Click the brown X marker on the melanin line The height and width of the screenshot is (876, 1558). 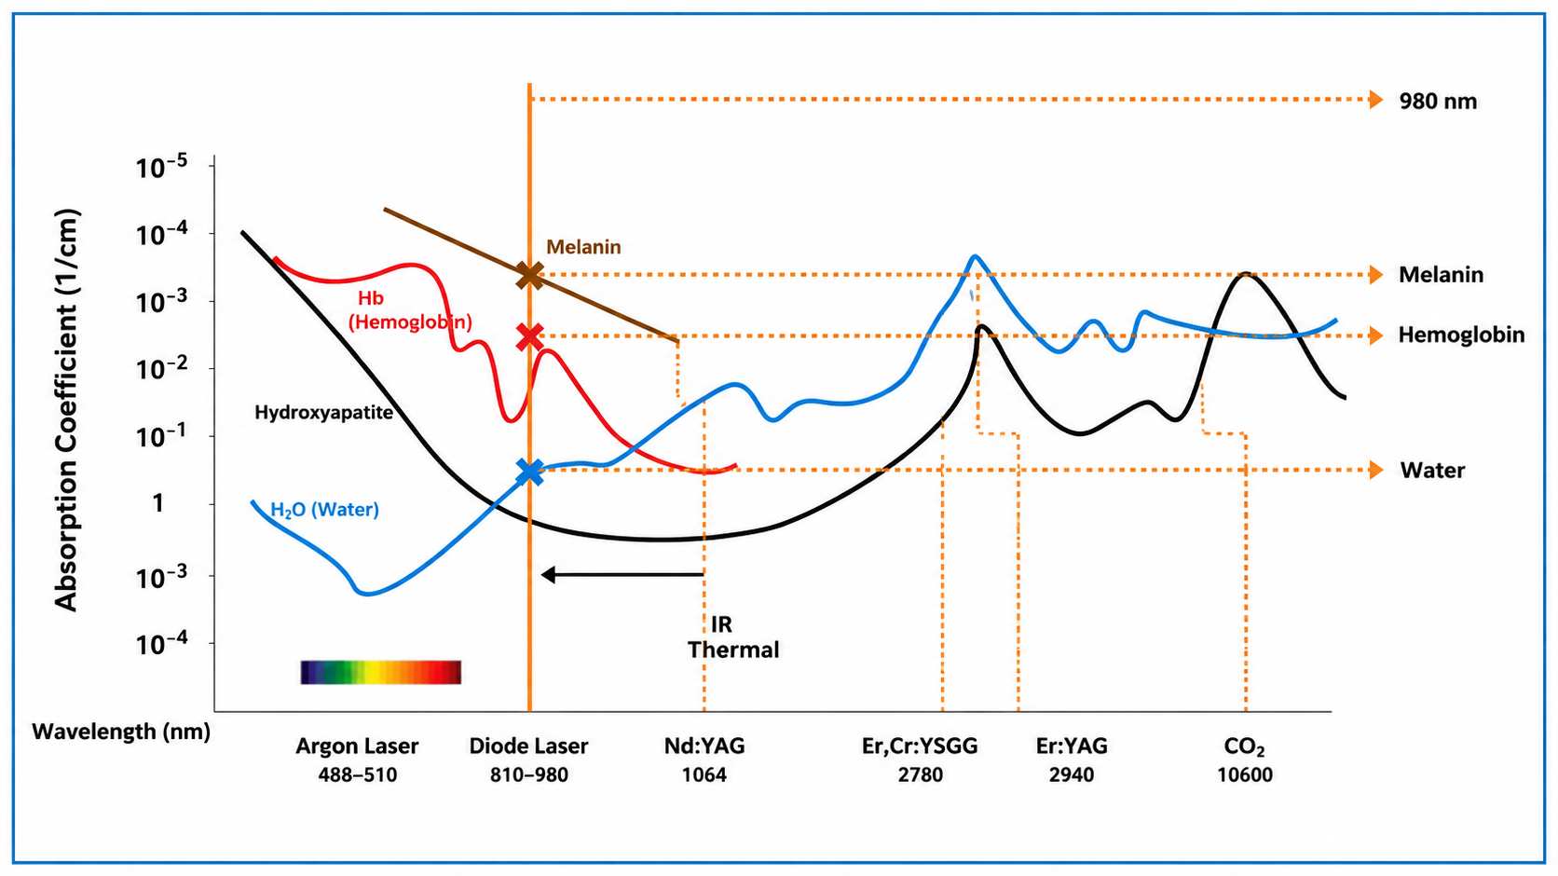[530, 276]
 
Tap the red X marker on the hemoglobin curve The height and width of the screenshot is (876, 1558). [530, 336]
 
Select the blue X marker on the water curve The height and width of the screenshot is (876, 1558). [530, 472]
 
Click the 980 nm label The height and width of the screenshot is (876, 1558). [1438, 102]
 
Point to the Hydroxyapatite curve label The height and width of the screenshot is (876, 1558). [324, 413]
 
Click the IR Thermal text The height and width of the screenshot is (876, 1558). [733, 636]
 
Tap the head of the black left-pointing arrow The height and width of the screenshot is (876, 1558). [548, 575]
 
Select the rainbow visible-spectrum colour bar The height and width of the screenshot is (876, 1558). [380, 672]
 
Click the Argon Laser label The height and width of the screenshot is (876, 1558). [357, 746]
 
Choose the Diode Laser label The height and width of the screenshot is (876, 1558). [528, 746]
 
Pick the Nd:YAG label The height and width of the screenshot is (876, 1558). [704, 746]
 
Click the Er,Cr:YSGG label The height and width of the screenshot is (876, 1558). [920, 746]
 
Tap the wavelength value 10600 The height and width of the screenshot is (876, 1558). [1244, 775]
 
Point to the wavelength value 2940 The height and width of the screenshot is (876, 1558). [1072, 775]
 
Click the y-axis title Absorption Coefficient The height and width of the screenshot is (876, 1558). [67, 410]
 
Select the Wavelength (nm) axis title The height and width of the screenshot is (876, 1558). [121, 732]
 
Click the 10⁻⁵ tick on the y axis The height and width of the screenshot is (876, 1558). [162, 167]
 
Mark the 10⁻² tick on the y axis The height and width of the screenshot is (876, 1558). [162, 369]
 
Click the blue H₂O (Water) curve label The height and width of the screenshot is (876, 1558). [325, 510]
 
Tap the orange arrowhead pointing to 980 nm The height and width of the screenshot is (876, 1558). [1375, 100]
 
